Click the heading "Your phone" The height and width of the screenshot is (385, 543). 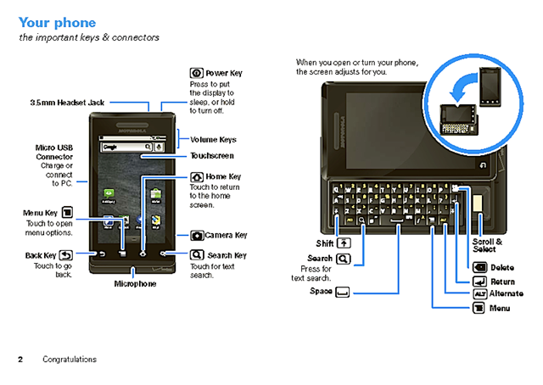(57, 22)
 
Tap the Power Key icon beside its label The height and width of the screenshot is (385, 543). (197, 74)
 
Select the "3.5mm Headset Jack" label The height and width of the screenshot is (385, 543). (68, 102)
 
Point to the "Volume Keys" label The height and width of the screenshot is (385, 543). (213, 139)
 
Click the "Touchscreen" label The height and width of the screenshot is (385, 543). (211, 156)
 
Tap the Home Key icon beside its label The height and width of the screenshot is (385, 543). (197, 176)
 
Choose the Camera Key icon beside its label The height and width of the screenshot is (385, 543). (197, 235)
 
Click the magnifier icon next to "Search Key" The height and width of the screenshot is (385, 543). (197, 254)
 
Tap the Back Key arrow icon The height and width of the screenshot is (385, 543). (66, 254)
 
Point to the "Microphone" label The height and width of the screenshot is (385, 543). (136, 284)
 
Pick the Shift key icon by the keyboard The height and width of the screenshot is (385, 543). (344, 243)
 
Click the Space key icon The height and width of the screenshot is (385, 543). (343, 292)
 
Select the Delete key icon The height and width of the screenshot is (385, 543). (479, 268)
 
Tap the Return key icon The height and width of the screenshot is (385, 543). (479, 282)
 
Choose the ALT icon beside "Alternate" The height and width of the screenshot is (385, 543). (479, 294)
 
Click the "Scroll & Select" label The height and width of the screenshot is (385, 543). (489, 245)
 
